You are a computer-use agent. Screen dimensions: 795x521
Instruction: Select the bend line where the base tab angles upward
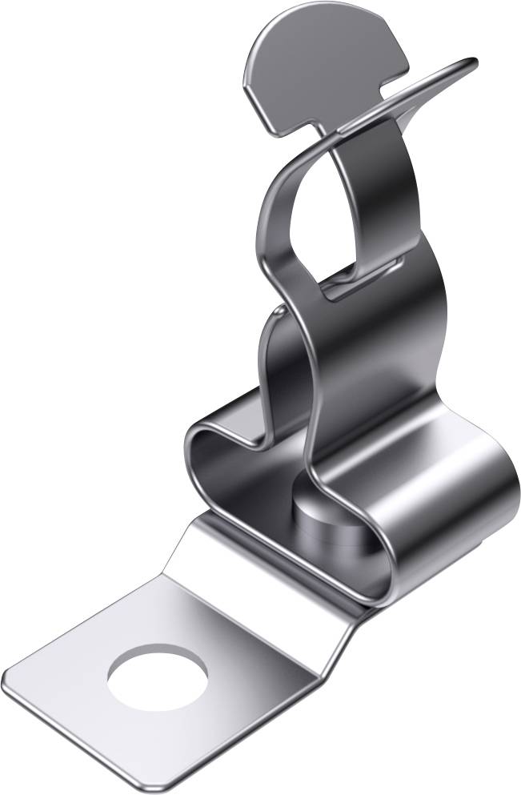pyautogui.click(x=264, y=576)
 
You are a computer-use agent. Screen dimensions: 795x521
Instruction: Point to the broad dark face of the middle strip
pyautogui.click(x=376, y=360)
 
